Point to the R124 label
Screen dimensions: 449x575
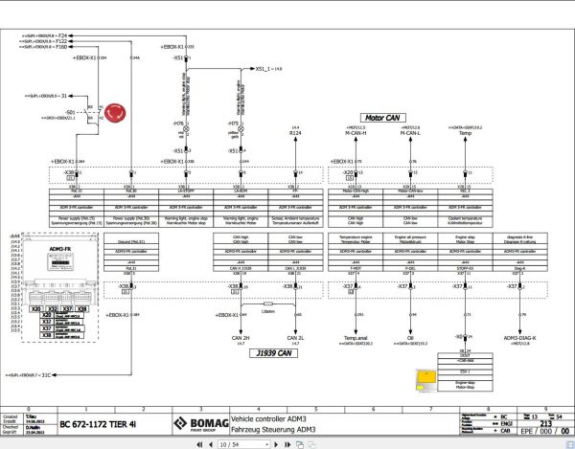click(x=295, y=132)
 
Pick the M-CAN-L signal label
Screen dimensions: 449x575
click(x=411, y=132)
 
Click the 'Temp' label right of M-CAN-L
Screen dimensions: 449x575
click(x=465, y=132)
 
